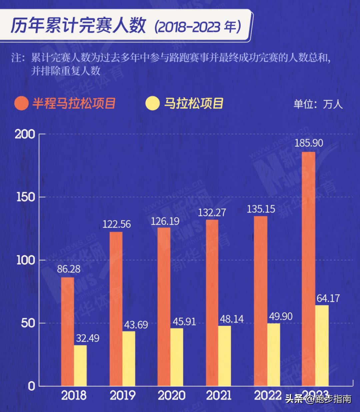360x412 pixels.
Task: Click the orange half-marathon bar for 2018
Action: pyautogui.click(x=67, y=332)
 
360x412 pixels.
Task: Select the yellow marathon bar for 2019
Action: pyautogui.click(x=129, y=358)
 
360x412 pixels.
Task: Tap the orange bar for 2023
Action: pyautogui.click(x=308, y=269)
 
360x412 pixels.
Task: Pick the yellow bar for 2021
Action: pyautogui.click(x=224, y=356)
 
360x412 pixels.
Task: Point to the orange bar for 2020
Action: pyautogui.click(x=164, y=307)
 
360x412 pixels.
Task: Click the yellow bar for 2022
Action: pyautogui.click(x=273, y=354)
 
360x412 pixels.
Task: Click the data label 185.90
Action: pyautogui.click(x=309, y=143)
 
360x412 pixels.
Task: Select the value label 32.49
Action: pyautogui.click(x=88, y=338)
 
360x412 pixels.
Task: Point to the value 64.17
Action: pyautogui.click(x=328, y=298)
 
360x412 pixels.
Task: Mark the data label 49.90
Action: pyautogui.click(x=281, y=316)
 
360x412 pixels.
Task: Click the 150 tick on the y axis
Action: pyautogui.click(x=26, y=197)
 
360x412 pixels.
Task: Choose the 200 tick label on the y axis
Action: pyautogui.click(x=25, y=134)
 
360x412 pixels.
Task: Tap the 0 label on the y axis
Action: pyautogui.click(x=31, y=386)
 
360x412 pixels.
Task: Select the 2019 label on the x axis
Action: pyautogui.click(x=122, y=396)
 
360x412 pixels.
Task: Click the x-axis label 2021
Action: pyautogui.click(x=219, y=396)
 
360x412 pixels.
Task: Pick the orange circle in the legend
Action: pyautogui.click(x=21, y=103)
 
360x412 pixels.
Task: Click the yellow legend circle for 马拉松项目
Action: pyautogui.click(x=153, y=103)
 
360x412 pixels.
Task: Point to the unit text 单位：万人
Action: pyautogui.click(x=318, y=104)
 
